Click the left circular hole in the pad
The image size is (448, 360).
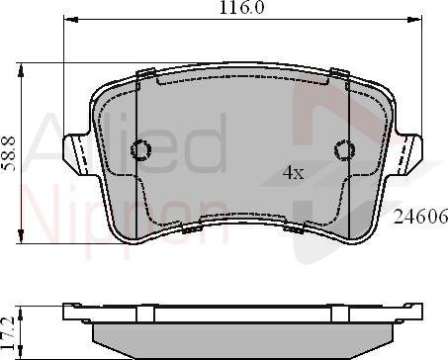[140, 150]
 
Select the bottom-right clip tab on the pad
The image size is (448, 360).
[294, 228]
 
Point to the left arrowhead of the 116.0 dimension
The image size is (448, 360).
[68, 19]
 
